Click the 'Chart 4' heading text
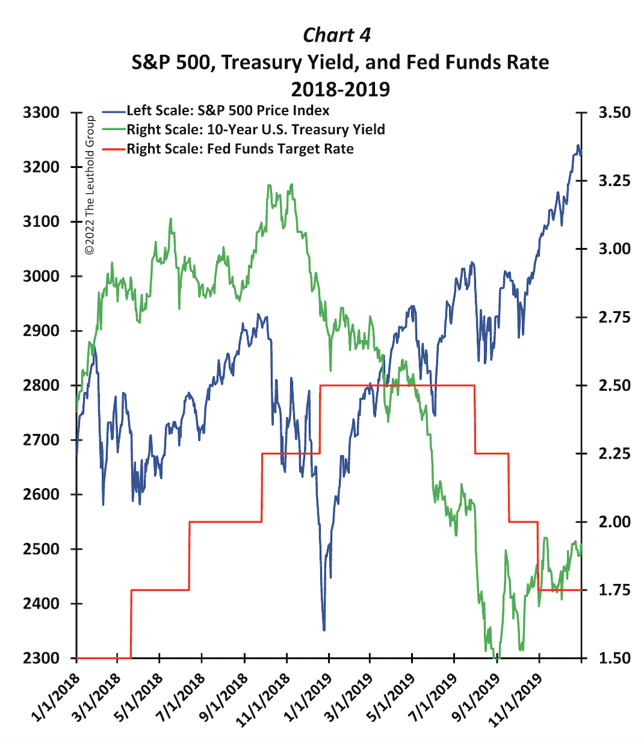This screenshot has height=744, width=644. click(336, 35)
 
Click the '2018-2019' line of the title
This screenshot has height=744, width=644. click(340, 89)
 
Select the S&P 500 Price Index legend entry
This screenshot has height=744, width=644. click(228, 111)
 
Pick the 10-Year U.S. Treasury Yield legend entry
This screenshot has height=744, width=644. click(255, 129)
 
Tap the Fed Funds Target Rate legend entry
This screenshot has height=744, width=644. click(240, 149)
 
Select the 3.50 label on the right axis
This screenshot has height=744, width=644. click(614, 113)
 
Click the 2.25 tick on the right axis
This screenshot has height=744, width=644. click(614, 453)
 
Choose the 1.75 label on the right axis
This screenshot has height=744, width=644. click(614, 590)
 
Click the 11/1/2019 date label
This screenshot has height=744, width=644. click(515, 698)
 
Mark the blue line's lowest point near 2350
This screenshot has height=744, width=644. click(324, 630)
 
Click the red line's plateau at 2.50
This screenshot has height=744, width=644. click(397, 385)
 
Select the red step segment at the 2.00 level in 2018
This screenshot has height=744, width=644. click(226, 521)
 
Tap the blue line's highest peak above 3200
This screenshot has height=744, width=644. click(578, 146)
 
